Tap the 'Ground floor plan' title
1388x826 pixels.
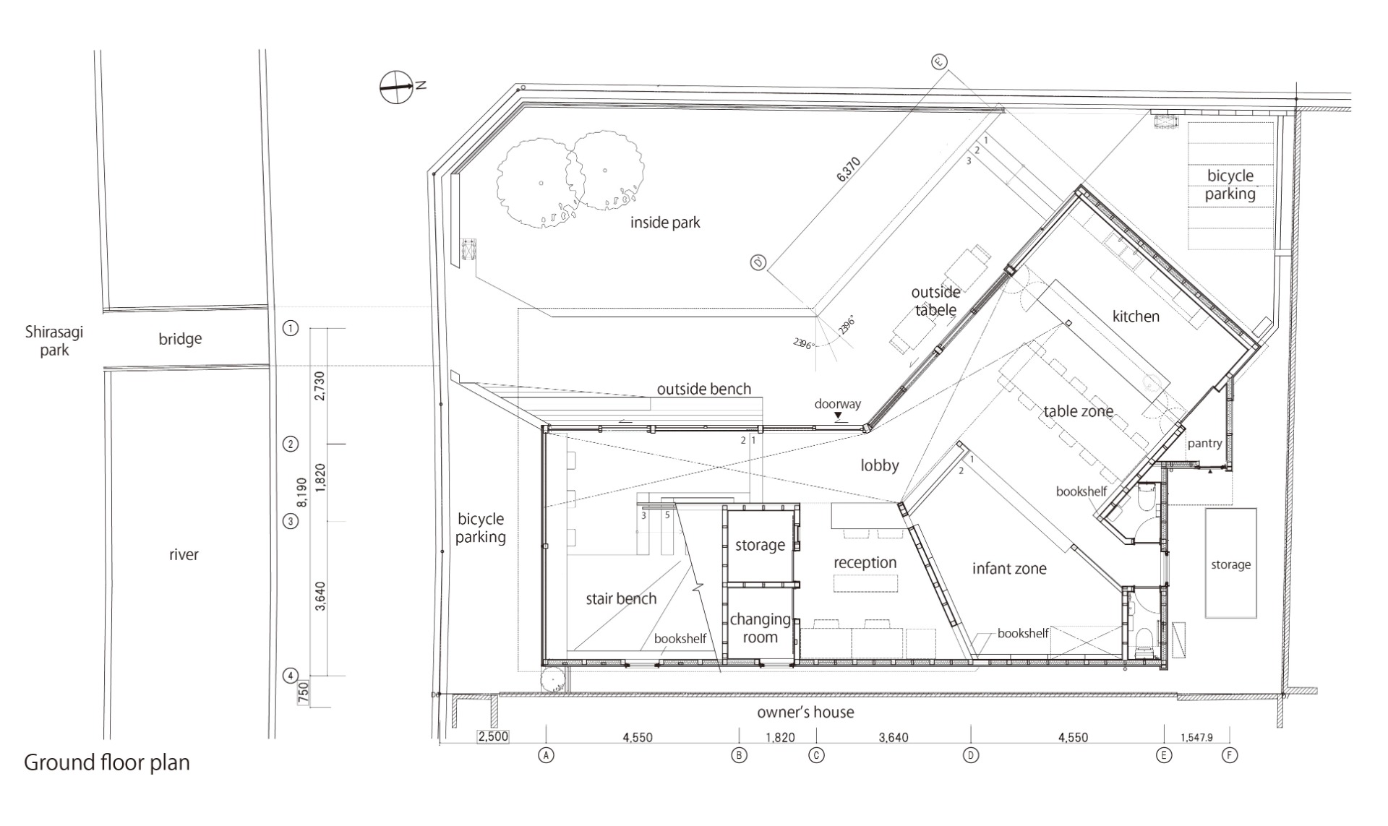(x=107, y=763)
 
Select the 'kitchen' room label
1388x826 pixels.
(x=1136, y=316)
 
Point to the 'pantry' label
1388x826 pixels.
(x=1204, y=444)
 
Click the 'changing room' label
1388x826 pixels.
(x=760, y=628)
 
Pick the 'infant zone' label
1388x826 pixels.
(x=1009, y=569)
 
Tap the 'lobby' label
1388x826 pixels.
(x=880, y=465)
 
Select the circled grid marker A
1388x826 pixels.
(x=546, y=755)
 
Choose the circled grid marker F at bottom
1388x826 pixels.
(x=1229, y=755)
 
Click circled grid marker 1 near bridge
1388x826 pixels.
(x=290, y=329)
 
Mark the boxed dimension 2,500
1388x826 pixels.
(x=492, y=737)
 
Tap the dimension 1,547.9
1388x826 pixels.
(x=1196, y=738)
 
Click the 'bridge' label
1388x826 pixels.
(x=180, y=339)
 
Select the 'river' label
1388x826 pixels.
(x=184, y=555)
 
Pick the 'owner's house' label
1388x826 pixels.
(x=805, y=713)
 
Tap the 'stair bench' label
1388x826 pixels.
(x=621, y=598)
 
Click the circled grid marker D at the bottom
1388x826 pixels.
(x=971, y=755)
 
